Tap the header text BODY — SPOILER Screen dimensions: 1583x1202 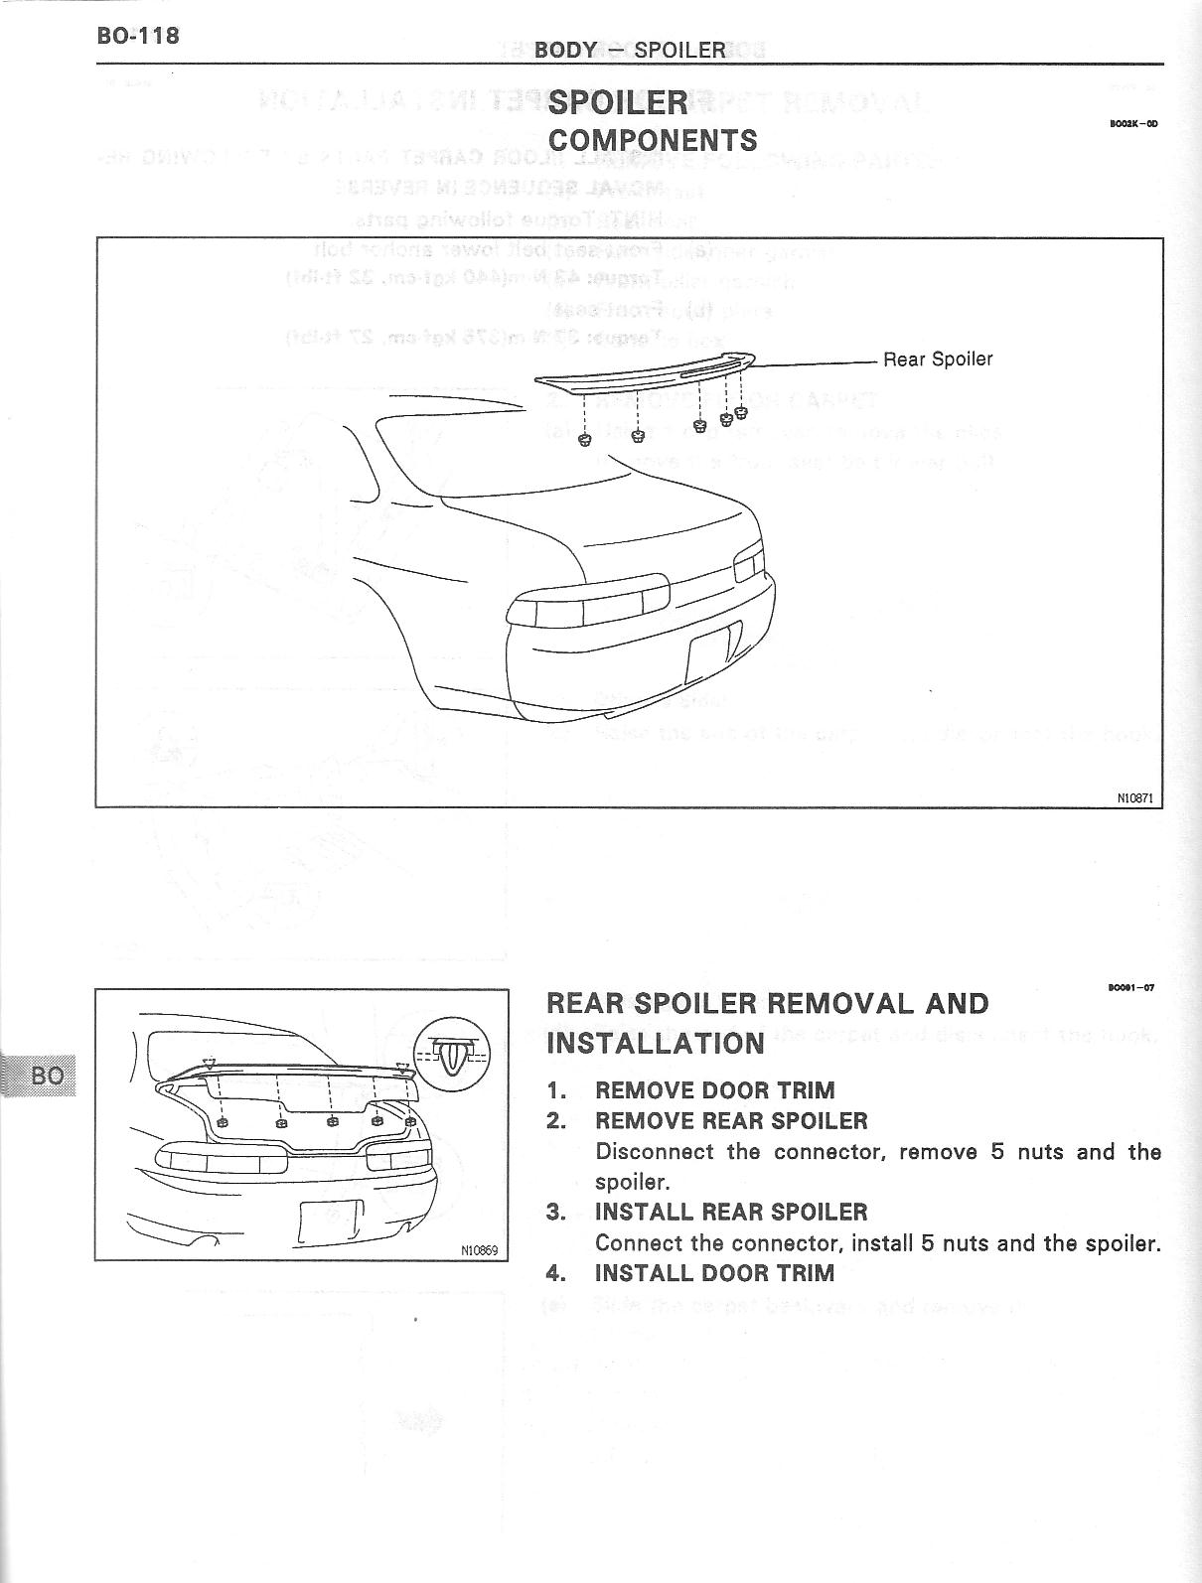pos(630,50)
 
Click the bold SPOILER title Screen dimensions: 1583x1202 pos(618,102)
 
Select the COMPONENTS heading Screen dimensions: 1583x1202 pos(653,141)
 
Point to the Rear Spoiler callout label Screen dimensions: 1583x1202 pos(938,360)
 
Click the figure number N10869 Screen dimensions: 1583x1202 pos(479,1250)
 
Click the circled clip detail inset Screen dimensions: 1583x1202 pos(452,1053)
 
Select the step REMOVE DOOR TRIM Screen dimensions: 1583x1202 pos(714,1090)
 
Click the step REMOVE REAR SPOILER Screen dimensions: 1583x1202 pos(731,1121)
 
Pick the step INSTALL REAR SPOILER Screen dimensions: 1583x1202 pos(731,1213)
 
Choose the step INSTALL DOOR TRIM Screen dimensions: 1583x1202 pos(714,1273)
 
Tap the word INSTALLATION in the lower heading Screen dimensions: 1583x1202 pos(656,1044)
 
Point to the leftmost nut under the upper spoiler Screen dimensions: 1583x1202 pos(584,439)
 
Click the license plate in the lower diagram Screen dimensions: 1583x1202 pos(330,1220)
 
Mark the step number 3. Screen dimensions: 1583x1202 pos(555,1213)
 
